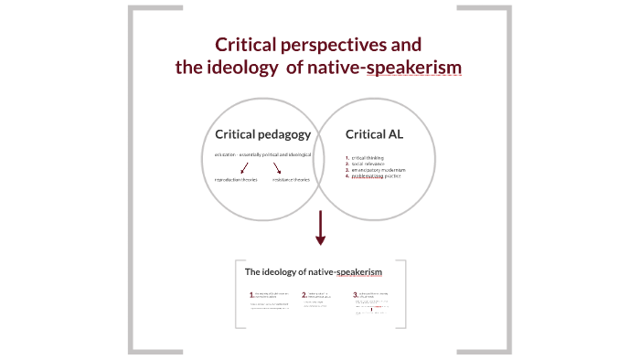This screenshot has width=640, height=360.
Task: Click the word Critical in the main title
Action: tap(243, 45)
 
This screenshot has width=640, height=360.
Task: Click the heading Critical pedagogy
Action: tap(263, 134)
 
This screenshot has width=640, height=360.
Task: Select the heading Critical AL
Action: tap(374, 134)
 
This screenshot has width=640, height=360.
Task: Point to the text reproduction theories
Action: tap(236, 179)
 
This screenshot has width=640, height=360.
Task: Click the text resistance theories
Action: tap(291, 179)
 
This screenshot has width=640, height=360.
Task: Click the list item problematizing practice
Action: tap(376, 176)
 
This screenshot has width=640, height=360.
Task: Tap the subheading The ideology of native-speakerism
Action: tap(313, 272)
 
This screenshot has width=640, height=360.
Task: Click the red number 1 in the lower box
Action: tap(251, 296)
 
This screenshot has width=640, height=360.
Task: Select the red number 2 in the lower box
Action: tap(304, 296)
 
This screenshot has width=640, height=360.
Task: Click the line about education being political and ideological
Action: tap(262, 155)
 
